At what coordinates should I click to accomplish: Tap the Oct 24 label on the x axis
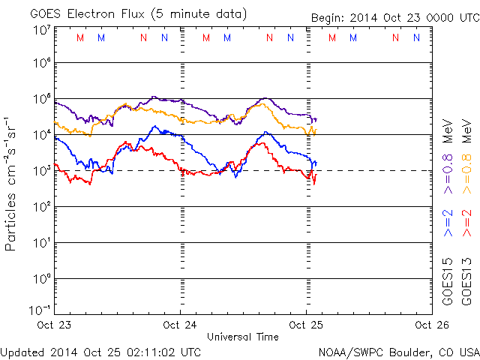point(180,325)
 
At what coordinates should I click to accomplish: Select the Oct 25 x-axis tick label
point(305,325)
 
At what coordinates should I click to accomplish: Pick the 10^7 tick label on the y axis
point(42,30)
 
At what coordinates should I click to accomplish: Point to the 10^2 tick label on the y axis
point(42,206)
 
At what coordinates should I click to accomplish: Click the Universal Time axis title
point(242,337)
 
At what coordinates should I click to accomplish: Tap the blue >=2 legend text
point(448,223)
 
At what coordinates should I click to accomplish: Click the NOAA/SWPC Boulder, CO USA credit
point(398,351)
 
